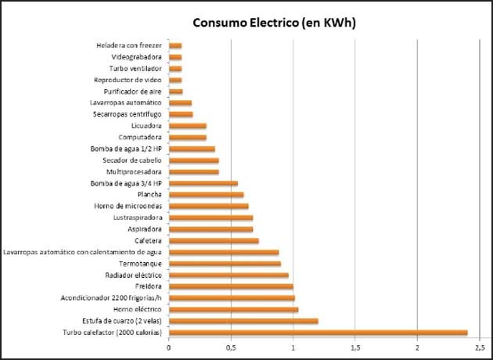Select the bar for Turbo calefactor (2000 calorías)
318,333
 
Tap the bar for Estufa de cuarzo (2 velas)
243,321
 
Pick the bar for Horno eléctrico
233,309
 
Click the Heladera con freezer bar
175,45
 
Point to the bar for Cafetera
214,240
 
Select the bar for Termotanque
225,264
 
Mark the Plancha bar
206,194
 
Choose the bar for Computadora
188,137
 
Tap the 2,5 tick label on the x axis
479,347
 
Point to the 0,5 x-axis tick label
231,347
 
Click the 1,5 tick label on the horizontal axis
355,347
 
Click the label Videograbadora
137,57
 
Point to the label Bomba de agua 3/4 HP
127,183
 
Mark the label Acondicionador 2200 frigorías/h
111,298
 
